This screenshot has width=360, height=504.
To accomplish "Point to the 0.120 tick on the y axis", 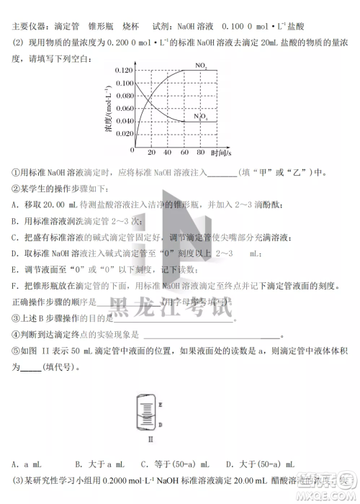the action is (x=125, y=71).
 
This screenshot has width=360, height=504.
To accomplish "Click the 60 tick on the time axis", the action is (x=185, y=153).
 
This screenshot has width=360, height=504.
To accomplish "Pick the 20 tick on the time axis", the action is (x=151, y=153).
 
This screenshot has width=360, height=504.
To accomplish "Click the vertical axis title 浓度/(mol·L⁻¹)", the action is (x=109, y=108).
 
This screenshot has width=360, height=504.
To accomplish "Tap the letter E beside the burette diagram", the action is (x=159, y=405).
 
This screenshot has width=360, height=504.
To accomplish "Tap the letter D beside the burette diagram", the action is (x=159, y=425).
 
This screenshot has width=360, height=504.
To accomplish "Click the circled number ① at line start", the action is (x=16, y=171).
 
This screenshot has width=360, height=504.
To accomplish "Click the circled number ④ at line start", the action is (x=16, y=333).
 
